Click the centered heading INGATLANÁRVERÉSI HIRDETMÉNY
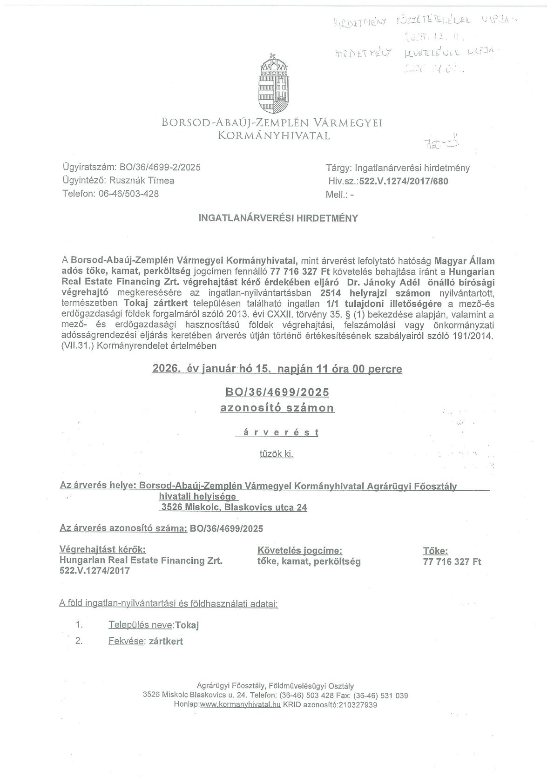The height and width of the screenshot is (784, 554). tap(278, 218)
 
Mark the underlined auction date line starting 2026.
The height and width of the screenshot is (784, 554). tap(277, 369)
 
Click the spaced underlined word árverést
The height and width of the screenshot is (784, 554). tap(277, 433)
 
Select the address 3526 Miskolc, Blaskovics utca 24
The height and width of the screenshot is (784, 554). tap(234, 507)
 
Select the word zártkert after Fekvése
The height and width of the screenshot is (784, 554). tap(166, 642)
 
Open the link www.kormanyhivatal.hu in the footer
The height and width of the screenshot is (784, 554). tap(240, 705)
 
